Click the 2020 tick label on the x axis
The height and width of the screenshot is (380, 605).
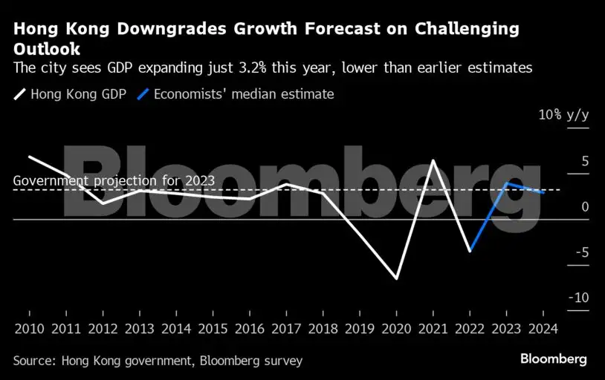tap(396, 327)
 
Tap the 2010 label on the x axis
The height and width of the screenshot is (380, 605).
tap(29, 327)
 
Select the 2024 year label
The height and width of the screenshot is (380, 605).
tap(543, 327)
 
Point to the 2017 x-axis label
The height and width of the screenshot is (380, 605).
tap(286, 327)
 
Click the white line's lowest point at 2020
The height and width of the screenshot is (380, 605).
tap(396, 279)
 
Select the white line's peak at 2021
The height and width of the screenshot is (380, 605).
tap(433, 160)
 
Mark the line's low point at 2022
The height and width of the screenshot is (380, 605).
tap(470, 252)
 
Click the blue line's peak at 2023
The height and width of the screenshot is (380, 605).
tap(506, 183)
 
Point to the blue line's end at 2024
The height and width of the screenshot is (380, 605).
tap(543, 193)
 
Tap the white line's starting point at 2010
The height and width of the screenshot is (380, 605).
tap(29, 157)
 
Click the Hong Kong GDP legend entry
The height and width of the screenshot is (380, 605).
tap(71, 94)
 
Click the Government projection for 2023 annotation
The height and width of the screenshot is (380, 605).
tap(114, 180)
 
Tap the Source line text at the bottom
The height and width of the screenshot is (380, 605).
tap(158, 361)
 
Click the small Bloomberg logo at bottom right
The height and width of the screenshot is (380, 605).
tap(553, 359)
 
